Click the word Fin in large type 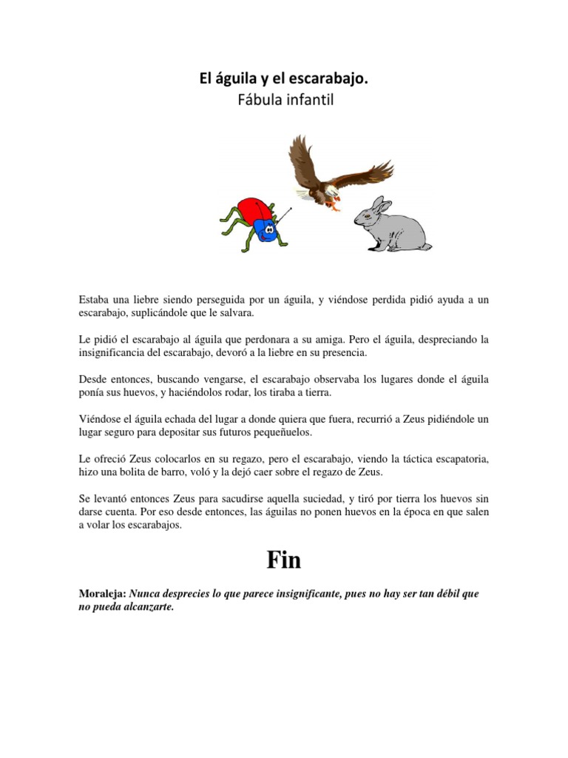284,560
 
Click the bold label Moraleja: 104,594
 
